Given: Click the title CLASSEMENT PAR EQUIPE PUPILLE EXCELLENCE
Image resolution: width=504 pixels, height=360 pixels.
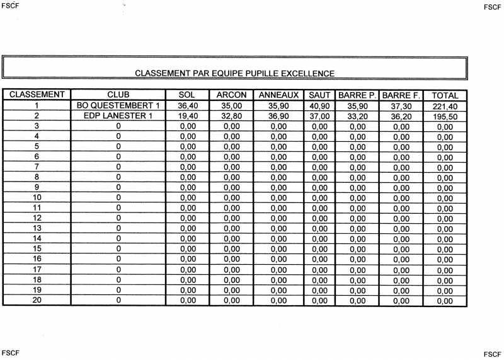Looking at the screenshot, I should [234, 73].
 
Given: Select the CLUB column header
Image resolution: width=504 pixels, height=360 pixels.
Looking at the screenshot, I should [118, 95].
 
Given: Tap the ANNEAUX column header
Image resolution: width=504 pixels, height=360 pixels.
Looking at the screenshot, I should [278, 95].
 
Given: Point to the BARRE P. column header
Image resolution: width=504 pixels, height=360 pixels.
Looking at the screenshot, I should [357, 95].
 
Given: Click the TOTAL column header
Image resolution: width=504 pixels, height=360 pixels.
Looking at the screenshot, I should [445, 96].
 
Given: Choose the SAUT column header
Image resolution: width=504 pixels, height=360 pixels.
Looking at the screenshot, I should [319, 95].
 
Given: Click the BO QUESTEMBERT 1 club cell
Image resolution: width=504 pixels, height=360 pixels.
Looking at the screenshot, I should [118, 105].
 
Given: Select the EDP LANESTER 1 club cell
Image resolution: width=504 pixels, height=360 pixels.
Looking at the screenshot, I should [118, 115].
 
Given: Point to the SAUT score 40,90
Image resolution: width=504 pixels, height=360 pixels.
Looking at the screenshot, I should [319, 106].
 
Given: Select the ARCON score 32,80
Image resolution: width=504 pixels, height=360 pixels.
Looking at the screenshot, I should [231, 116].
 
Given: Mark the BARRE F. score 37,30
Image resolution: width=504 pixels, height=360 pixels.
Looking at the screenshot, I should [401, 107].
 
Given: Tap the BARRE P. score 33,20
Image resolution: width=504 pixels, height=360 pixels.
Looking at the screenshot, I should [357, 117].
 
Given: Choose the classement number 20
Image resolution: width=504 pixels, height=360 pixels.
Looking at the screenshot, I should [37, 300].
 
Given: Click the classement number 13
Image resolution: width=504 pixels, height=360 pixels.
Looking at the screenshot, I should [37, 228].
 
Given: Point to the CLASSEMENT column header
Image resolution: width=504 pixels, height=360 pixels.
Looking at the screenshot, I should [37, 95].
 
